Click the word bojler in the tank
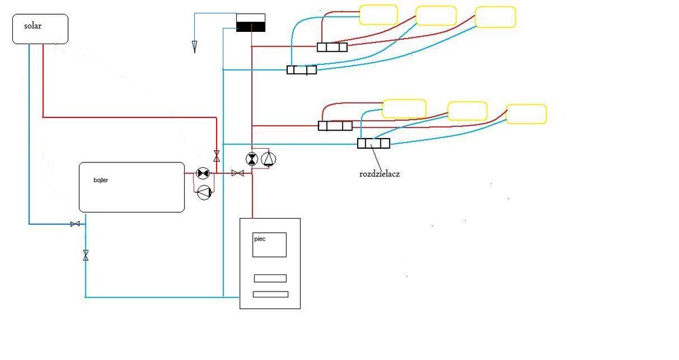pyautogui.click(x=101, y=181)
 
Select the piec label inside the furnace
pyautogui.click(x=259, y=239)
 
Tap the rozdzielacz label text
pyautogui.click(x=380, y=174)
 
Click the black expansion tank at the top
pyautogui.click(x=251, y=24)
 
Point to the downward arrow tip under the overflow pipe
pyautogui.click(x=194, y=48)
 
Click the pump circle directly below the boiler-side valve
pyautogui.click(x=202, y=193)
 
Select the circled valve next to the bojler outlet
pyautogui.click(x=202, y=173)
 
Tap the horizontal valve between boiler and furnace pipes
pyautogui.click(x=238, y=174)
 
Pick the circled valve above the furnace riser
pyautogui.click(x=252, y=159)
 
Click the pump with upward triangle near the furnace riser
pyautogui.click(x=269, y=159)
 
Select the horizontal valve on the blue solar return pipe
pyautogui.click(x=75, y=224)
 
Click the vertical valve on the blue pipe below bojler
pyautogui.click(x=86, y=255)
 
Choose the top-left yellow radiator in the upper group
pyautogui.click(x=378, y=14)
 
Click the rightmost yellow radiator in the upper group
pyautogui.click(x=495, y=17)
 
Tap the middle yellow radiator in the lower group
pyautogui.click(x=467, y=111)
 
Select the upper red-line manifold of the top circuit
pyautogui.click(x=332, y=47)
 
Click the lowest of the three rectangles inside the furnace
pyautogui.click(x=270, y=294)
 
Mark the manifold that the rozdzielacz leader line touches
pyautogui.click(x=373, y=143)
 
